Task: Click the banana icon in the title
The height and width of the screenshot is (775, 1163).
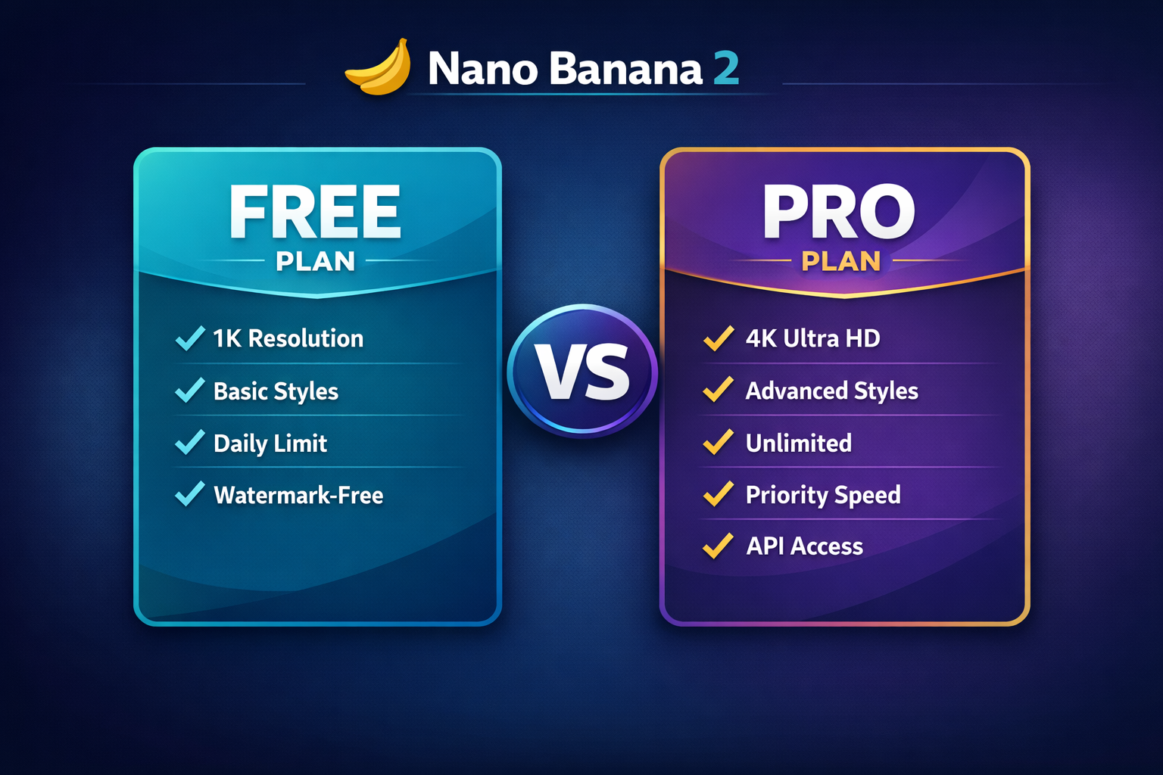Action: point(379,68)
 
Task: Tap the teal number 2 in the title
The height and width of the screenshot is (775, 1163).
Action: point(725,69)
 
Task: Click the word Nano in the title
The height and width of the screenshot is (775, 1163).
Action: point(482,69)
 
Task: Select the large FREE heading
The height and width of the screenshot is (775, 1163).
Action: point(315,212)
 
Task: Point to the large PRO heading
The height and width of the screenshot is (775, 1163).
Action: point(839,212)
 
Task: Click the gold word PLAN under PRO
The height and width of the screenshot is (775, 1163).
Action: point(841,261)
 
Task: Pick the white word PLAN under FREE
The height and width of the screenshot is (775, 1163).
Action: point(315,261)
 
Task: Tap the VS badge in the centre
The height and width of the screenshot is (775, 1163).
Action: point(581,371)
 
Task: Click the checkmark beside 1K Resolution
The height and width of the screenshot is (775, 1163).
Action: point(190,338)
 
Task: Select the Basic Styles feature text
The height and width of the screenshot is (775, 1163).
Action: point(276,391)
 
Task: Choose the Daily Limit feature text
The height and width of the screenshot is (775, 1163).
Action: point(270,444)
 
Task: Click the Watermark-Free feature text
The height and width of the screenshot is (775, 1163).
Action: point(298,495)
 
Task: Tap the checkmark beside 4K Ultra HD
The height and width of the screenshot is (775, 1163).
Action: point(718,338)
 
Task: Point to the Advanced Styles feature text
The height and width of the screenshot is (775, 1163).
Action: point(831,391)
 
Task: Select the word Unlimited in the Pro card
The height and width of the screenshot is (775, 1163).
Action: point(798,443)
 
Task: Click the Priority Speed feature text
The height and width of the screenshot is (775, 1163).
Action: point(823,495)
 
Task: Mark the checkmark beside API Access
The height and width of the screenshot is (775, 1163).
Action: point(718,546)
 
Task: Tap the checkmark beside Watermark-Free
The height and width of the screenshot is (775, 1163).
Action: point(190,494)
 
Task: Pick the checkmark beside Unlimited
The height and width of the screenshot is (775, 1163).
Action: point(718,442)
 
